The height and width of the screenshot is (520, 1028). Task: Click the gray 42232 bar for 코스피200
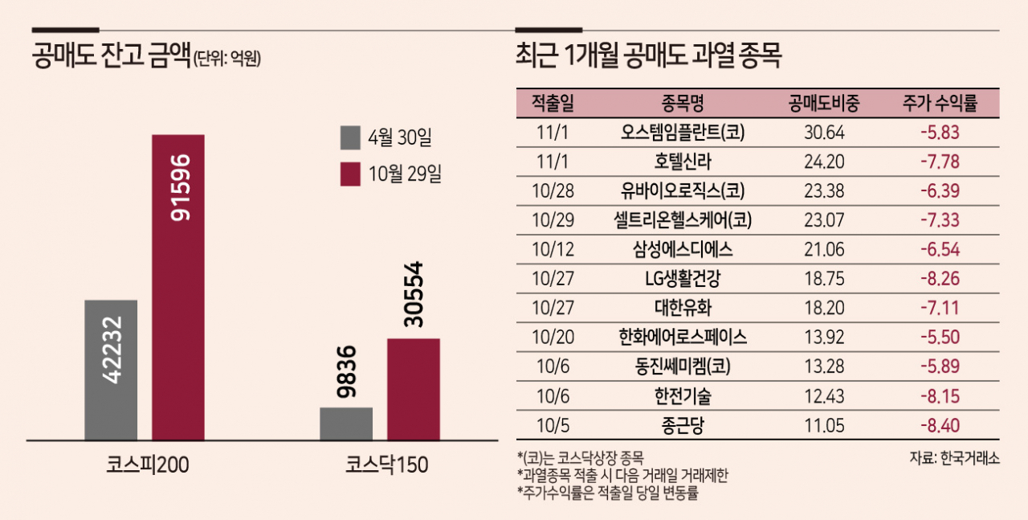[111, 370]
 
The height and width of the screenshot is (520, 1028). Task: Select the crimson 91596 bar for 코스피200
[177, 287]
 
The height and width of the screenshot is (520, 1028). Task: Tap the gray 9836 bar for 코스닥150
[346, 424]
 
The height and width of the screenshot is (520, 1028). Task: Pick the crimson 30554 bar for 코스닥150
[413, 389]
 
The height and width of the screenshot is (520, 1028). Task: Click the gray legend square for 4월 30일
[350, 137]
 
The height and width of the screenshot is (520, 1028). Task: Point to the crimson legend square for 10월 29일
[350, 174]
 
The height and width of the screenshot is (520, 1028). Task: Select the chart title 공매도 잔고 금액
[110, 57]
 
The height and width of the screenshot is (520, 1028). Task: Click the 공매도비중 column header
[825, 103]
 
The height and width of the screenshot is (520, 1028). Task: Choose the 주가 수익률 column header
[940, 103]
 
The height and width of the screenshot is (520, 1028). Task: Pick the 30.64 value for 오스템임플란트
[825, 133]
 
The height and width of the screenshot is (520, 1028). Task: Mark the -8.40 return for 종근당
[940, 426]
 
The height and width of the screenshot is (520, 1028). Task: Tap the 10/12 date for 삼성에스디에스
[553, 250]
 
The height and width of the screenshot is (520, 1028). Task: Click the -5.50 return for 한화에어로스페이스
[940, 338]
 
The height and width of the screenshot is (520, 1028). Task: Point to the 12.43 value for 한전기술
[825, 396]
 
